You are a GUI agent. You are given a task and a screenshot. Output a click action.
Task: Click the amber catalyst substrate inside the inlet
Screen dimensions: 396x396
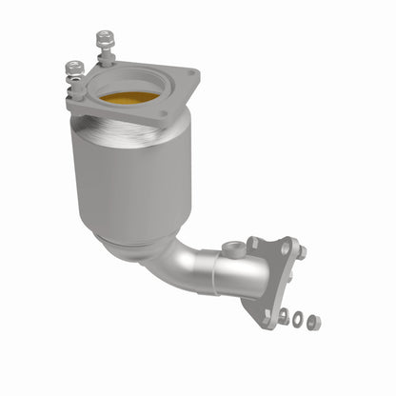pyautogui.click(x=129, y=99)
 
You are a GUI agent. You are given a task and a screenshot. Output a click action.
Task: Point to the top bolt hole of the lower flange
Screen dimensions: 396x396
pyautogui.click(x=284, y=246)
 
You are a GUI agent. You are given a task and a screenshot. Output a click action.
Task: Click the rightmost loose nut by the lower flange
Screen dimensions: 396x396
pyautogui.click(x=314, y=323)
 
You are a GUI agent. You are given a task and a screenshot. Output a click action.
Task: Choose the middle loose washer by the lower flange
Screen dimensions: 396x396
pyautogui.click(x=299, y=318)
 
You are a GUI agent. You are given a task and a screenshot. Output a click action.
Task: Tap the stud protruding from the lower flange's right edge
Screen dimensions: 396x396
pyautogui.click(x=302, y=253)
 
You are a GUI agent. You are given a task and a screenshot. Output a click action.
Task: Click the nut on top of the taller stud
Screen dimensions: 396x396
pyautogui.click(x=103, y=38)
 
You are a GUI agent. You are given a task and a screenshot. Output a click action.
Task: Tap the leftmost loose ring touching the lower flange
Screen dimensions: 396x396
pyautogui.click(x=283, y=313)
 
